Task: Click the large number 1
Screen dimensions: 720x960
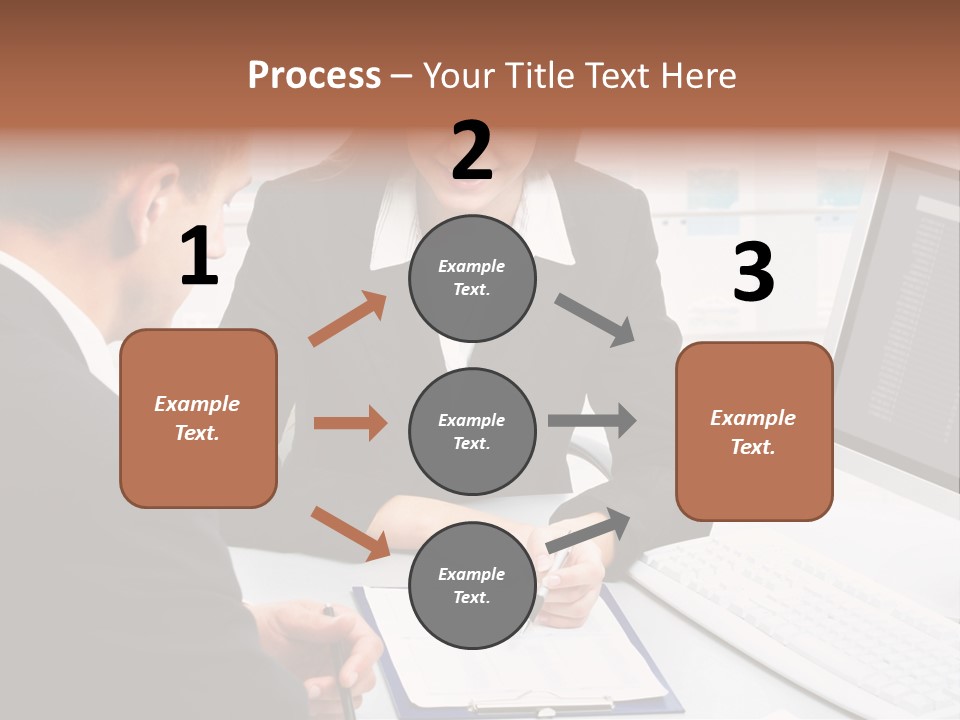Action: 199,257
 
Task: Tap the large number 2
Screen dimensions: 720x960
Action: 472,151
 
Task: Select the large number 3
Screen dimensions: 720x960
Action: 753,272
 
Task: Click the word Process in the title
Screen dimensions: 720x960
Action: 314,75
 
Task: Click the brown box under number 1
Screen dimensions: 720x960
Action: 198,418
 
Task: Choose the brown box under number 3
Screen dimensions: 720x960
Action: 754,431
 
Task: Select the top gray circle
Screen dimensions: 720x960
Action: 472,278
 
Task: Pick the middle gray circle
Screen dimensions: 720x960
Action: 472,431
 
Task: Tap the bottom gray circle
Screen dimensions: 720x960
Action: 472,585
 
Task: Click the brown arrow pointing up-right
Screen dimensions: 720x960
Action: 348,319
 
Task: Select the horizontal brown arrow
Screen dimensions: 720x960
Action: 350,423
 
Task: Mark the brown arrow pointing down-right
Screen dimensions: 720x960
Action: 350,533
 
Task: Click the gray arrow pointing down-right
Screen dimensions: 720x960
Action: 595,319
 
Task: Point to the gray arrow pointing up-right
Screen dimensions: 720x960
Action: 589,530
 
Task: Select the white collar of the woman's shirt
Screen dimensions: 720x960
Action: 400,225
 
